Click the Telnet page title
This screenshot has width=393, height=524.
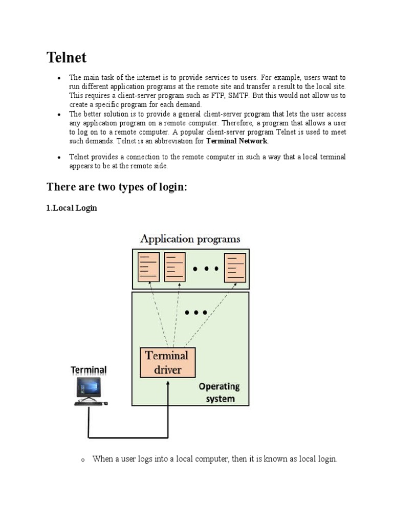67,57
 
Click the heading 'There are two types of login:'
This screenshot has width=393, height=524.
117,187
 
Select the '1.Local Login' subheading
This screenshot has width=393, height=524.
72,208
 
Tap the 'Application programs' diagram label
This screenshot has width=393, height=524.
190,239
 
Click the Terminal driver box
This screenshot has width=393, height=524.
167,362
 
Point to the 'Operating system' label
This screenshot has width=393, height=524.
220,392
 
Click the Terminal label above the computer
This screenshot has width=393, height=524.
89,370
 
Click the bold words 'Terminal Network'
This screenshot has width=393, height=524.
236,141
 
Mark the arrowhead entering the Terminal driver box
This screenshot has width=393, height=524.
168,382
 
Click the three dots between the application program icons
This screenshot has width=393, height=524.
205,268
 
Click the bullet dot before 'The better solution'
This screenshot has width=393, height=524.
59,115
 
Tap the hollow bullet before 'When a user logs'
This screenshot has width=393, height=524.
82,460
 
